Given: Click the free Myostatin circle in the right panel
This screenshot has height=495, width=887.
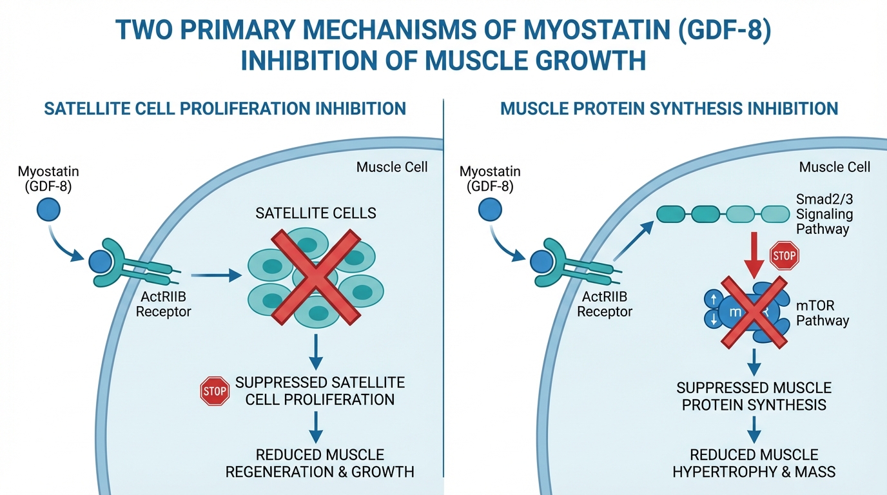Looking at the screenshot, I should [491, 210].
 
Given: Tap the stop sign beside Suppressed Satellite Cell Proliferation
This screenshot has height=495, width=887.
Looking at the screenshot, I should [215, 391].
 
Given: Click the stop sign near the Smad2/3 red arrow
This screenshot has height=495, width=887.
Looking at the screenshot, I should [784, 257].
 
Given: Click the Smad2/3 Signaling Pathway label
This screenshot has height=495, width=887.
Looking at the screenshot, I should [824, 214].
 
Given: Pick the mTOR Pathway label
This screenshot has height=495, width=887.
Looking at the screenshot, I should [823, 313].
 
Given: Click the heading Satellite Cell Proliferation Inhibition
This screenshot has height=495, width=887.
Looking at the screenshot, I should [225, 108].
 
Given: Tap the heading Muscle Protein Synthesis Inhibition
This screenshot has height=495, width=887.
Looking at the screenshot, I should [669, 108].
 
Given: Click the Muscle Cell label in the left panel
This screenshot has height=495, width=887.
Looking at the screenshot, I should [392, 168].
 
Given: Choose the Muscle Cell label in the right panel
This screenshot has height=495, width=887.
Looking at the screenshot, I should [835, 168].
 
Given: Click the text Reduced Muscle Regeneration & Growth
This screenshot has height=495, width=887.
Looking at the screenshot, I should [320, 463].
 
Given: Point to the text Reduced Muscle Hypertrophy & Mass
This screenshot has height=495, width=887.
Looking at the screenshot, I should [754, 463].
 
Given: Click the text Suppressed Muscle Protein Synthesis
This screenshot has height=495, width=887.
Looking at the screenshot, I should [754, 396].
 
